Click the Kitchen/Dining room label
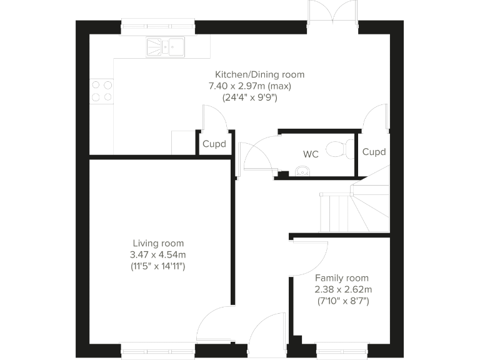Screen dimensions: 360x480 pyautogui.click(x=260, y=74)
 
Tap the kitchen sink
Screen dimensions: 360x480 pyautogui.click(x=166, y=46)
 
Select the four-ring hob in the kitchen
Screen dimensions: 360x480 pyautogui.click(x=101, y=91)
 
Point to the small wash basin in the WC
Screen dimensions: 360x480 pyautogui.click(x=302, y=171)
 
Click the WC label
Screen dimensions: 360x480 pyautogui.click(x=311, y=154)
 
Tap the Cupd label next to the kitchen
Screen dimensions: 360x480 pyautogui.click(x=214, y=144)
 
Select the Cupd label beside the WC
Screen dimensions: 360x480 pyautogui.click(x=374, y=152)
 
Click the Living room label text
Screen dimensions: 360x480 pyautogui.click(x=158, y=243)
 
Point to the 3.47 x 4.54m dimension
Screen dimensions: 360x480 pyautogui.click(x=158, y=254)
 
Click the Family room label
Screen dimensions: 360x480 pyautogui.click(x=341, y=278)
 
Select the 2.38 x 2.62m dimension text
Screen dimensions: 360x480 pyautogui.click(x=343, y=289)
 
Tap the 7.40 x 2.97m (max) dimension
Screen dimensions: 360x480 pyautogui.click(x=250, y=86)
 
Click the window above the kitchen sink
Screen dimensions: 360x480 pyautogui.click(x=157, y=26)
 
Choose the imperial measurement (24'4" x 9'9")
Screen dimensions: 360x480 pyautogui.click(x=249, y=97)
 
